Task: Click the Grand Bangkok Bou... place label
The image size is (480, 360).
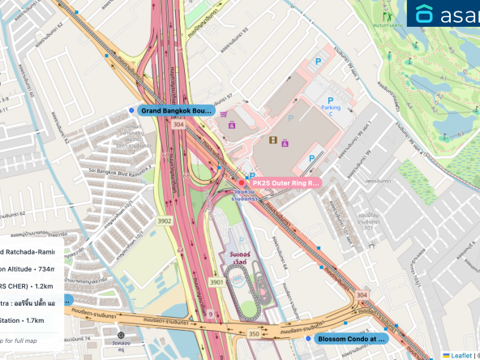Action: pyautogui.click(x=177, y=110)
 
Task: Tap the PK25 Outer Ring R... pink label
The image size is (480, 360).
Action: pyautogui.click(x=286, y=183)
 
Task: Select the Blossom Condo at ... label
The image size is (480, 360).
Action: pyautogui.click(x=351, y=340)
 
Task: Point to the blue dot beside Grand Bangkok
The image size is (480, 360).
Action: pyautogui.click(x=131, y=110)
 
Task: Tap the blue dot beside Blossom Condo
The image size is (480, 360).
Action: pyautogui.click(x=308, y=340)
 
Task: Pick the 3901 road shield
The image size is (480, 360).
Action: pyautogui.click(x=216, y=281)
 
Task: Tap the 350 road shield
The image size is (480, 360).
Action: pyautogui.click(x=253, y=333)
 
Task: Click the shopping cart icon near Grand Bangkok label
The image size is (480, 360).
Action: pyautogui.click(x=223, y=114)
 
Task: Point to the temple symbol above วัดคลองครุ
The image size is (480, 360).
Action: pyautogui.click(x=121, y=335)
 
